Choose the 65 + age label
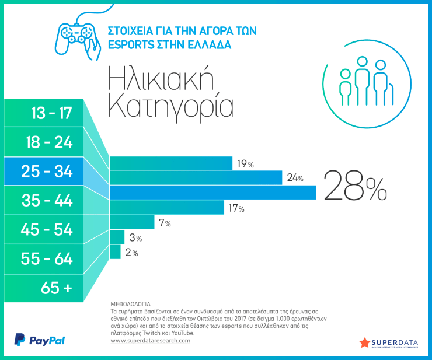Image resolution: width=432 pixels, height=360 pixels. point(57,287)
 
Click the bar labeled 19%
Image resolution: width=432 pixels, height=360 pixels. point(170,164)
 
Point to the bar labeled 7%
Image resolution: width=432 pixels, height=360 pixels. point(132,222)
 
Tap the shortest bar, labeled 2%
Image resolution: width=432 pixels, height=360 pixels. point(115,251)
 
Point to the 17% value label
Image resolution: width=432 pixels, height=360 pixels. point(236,208)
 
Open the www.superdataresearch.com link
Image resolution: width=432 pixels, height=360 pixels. point(150,341)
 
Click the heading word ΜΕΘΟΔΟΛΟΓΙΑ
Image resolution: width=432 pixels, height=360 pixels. point(130,305)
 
